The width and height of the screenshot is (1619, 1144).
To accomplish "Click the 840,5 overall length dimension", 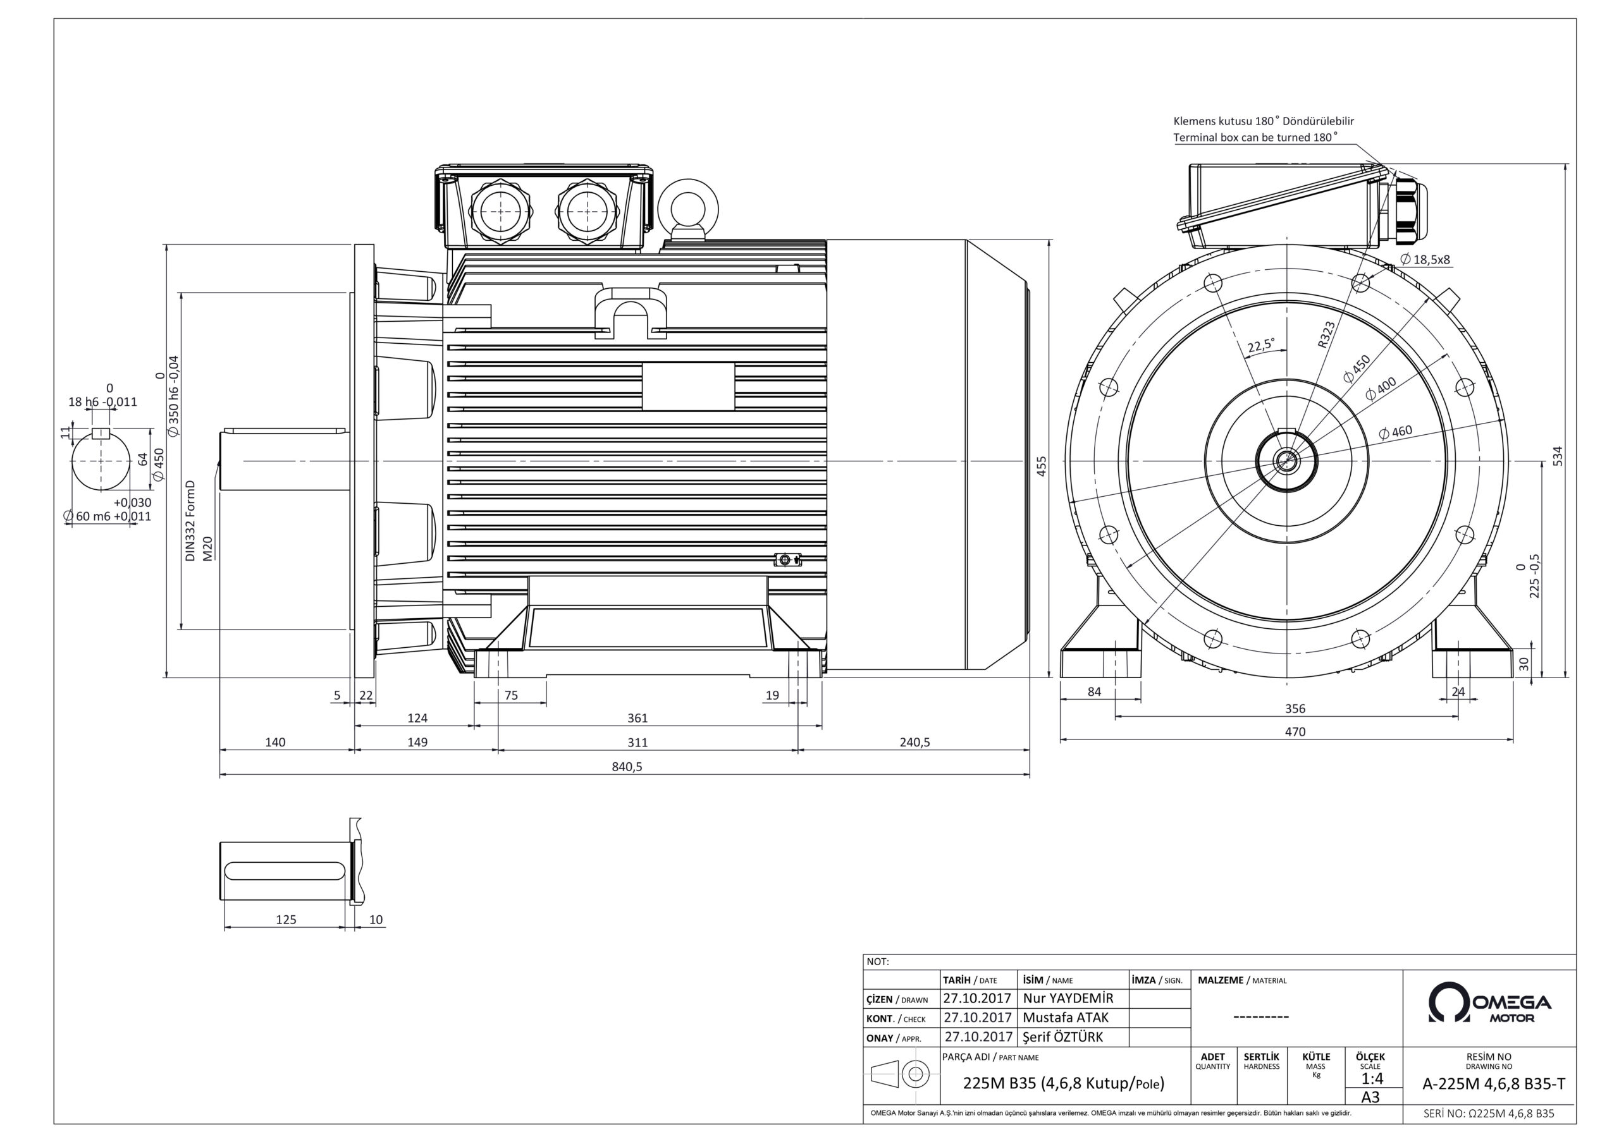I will click(626, 767).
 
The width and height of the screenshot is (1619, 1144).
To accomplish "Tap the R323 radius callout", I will click(1326, 334).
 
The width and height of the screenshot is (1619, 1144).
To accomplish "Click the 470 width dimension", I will click(1295, 732).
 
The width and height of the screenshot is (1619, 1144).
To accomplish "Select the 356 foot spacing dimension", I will click(1295, 709).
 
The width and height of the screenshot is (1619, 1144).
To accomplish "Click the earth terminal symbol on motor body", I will click(786, 559).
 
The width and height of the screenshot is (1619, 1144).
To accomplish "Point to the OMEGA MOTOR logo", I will click(1489, 1003).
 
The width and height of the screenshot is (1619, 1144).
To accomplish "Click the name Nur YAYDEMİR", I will click(1068, 999).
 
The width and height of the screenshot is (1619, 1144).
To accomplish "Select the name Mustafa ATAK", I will click(1065, 1018).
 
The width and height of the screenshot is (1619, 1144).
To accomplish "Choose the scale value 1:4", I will click(1372, 1079).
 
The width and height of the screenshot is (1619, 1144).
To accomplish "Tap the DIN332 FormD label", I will click(190, 521).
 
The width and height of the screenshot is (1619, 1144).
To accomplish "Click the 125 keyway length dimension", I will click(286, 920).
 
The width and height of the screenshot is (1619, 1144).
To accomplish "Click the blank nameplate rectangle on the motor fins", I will click(688, 386).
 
